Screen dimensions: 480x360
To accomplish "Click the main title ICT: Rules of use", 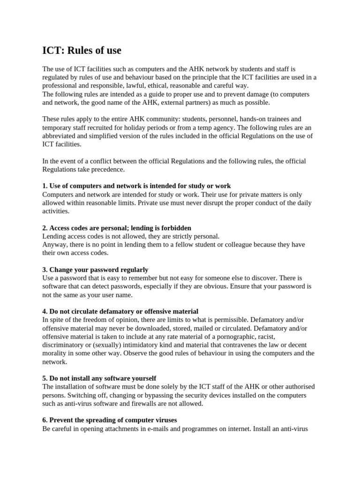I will (x=82, y=50).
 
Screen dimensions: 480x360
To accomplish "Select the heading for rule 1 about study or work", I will (x=136, y=186).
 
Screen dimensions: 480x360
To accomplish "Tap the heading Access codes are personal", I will (x=117, y=228).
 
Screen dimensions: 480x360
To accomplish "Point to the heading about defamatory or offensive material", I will (x=120, y=311).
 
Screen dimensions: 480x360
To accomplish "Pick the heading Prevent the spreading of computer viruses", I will (x=109, y=420).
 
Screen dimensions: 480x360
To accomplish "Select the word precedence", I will (x=108, y=169).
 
